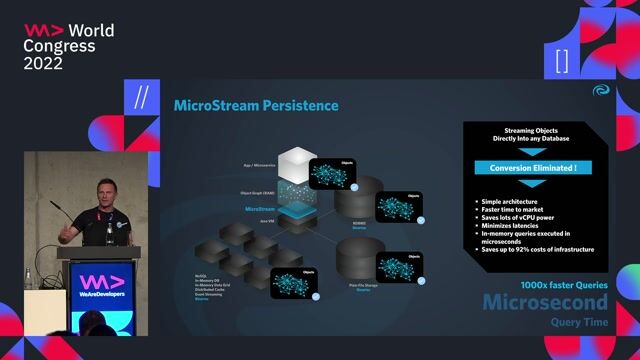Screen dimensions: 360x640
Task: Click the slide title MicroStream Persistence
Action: point(256,106)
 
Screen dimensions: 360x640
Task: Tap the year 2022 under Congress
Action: point(43,63)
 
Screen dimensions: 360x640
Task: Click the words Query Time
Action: point(578,323)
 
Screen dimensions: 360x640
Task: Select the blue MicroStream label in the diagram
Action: point(259,209)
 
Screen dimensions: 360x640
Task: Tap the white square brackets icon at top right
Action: point(561,60)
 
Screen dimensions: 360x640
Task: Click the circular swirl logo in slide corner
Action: point(600,90)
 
